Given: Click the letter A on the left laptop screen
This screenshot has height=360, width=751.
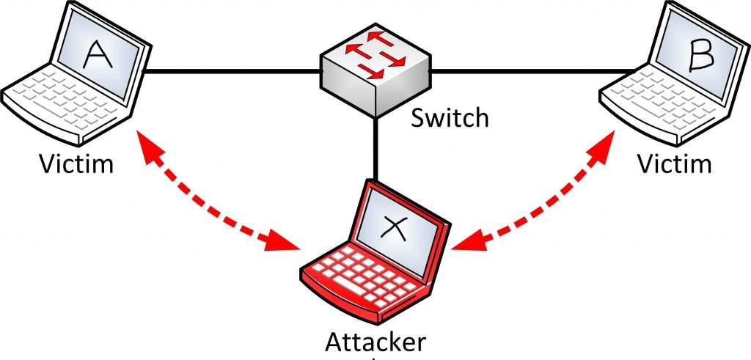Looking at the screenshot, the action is point(99,54).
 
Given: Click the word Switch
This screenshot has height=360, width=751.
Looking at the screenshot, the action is point(450,118).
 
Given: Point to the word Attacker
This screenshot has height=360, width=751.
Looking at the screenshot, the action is point(375,342).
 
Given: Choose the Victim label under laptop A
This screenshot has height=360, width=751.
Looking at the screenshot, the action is point(76,164).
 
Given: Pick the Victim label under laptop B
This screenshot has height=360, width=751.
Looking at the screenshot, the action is point(674,164).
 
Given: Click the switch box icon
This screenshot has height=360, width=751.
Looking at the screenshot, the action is point(375,70).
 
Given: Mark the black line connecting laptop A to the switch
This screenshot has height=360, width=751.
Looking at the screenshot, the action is point(232,72).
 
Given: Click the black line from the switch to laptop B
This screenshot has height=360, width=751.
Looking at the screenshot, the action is point(534,72).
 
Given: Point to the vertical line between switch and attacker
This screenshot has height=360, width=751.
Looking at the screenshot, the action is point(375,148).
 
